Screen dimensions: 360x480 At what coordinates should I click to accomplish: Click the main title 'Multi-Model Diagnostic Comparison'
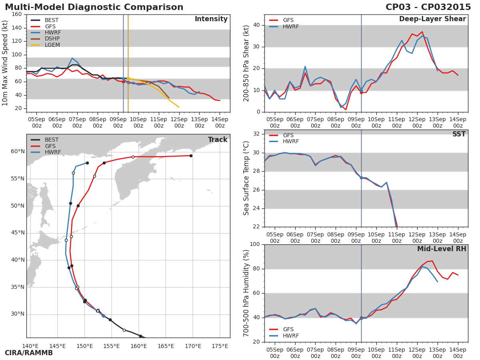[94, 7]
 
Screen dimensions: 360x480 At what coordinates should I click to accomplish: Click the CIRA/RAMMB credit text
[29, 353]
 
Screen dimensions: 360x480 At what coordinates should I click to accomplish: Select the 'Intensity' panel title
[211, 19]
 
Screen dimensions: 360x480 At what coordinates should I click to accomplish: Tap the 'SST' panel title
[459, 134]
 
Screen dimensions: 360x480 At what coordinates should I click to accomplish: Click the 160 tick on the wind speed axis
[16, 14]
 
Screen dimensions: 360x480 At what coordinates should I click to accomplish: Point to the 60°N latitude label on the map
[18, 152]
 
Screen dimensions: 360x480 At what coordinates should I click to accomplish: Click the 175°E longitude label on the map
[220, 346]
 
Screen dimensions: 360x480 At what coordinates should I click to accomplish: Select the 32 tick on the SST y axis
[256, 134]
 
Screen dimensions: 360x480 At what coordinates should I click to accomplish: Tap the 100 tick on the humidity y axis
[254, 244]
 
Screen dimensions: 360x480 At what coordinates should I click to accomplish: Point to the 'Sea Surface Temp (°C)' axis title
[247, 178]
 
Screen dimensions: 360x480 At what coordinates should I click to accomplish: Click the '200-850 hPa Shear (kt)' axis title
[247, 63]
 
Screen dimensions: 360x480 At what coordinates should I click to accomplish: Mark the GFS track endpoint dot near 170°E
[191, 156]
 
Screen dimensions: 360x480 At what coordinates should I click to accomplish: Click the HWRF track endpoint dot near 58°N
[87, 163]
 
